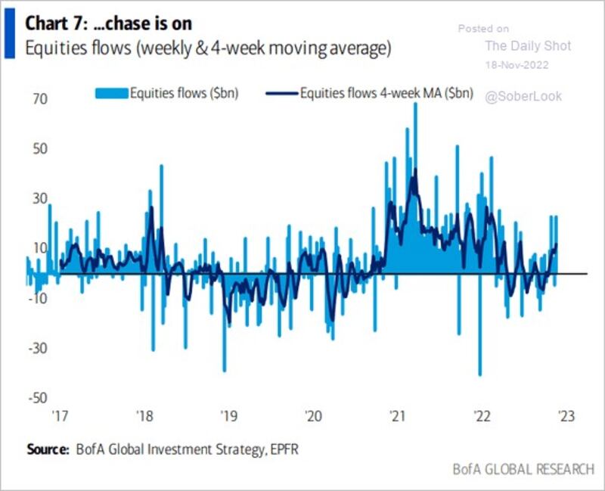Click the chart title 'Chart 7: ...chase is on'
click(108, 23)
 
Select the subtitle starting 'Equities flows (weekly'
click(208, 48)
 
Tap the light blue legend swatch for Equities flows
click(112, 93)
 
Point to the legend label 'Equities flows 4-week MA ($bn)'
click(386, 93)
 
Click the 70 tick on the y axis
click(40, 99)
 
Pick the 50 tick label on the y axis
click(40, 149)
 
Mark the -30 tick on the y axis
click(38, 349)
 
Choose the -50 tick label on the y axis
click(38, 398)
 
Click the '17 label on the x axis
click(60, 416)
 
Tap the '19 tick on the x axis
click(229, 416)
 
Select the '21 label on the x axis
click(397, 416)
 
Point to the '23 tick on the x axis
click(566, 416)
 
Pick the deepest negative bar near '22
click(480, 325)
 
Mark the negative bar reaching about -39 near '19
click(225, 323)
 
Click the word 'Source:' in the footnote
click(48, 449)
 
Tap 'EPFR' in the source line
click(284, 449)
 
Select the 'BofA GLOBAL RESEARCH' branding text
click(523, 469)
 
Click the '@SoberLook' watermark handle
click(523, 97)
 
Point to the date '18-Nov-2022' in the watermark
click(517, 65)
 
